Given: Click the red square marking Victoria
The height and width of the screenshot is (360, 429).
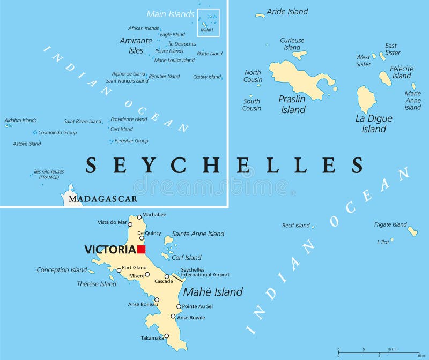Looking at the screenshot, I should coord(141,249).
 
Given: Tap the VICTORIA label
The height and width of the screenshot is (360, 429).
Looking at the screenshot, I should coord(110,250).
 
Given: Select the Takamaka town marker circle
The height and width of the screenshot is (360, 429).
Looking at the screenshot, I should coord(166,336).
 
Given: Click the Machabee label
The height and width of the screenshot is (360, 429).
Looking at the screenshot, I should coord(154,215).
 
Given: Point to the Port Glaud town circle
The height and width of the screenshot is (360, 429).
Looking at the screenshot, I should coord(119,271).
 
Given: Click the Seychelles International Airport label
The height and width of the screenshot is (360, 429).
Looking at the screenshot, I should coord(205,272).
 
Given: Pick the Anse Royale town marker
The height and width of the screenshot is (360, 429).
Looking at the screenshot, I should coord(173,316).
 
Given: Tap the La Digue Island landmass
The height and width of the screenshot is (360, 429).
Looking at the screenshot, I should coord(367,100).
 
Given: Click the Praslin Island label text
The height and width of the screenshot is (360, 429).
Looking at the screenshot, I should coord(292,104).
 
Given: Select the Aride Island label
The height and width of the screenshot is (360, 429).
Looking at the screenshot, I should coord(287,11).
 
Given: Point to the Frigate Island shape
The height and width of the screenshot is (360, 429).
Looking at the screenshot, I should coord(412,231).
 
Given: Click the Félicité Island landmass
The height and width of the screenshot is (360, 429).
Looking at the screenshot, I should coord(385,78).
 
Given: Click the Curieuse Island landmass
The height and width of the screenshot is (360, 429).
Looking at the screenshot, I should coord(299,54).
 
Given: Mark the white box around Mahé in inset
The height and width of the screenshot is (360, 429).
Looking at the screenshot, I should coord(208,21).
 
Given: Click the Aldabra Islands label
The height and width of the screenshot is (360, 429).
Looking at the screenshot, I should coord(20,121).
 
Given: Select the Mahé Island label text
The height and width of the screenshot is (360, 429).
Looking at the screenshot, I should coord(213,292).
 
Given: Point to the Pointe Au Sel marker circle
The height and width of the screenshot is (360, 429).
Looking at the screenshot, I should coord(179,306).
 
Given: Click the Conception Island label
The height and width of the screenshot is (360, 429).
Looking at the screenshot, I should coord(62,270).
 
